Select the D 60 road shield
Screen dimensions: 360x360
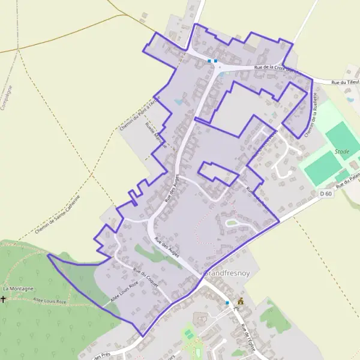tap(325, 194)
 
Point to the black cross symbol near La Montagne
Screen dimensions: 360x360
tap(3, 298)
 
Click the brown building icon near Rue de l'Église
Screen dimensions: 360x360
tap(241, 301)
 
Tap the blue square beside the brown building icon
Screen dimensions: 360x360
tap(227, 303)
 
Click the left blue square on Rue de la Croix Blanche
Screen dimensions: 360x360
tap(209, 61)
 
